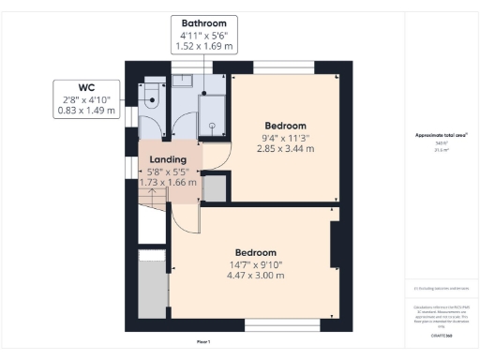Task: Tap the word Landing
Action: (168, 158)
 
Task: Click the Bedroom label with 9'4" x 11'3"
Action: (286, 126)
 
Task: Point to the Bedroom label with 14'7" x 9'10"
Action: (255, 253)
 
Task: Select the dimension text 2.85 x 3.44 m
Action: (286, 149)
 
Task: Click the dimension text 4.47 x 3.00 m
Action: (255, 277)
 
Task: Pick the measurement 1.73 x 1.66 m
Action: (168, 182)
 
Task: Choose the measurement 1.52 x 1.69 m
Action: (202, 45)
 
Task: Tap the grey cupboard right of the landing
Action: (215, 187)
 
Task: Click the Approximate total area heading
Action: (440, 135)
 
